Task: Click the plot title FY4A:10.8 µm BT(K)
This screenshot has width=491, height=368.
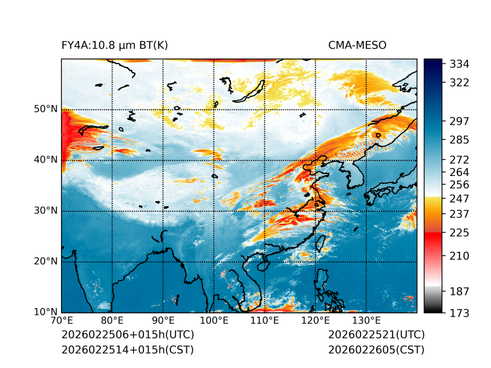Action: (114, 45)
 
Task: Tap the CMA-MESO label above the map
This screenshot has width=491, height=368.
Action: (357, 45)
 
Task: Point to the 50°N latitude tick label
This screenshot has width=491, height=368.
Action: (46, 109)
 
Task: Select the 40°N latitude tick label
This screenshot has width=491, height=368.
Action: (46, 160)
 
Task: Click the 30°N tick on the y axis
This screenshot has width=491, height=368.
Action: (46, 211)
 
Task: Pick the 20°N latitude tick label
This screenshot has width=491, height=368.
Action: (46, 261)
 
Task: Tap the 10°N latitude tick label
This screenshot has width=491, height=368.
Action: (46, 312)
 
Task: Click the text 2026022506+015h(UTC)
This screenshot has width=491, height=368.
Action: (128, 335)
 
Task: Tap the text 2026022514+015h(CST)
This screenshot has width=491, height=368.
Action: (127, 349)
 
